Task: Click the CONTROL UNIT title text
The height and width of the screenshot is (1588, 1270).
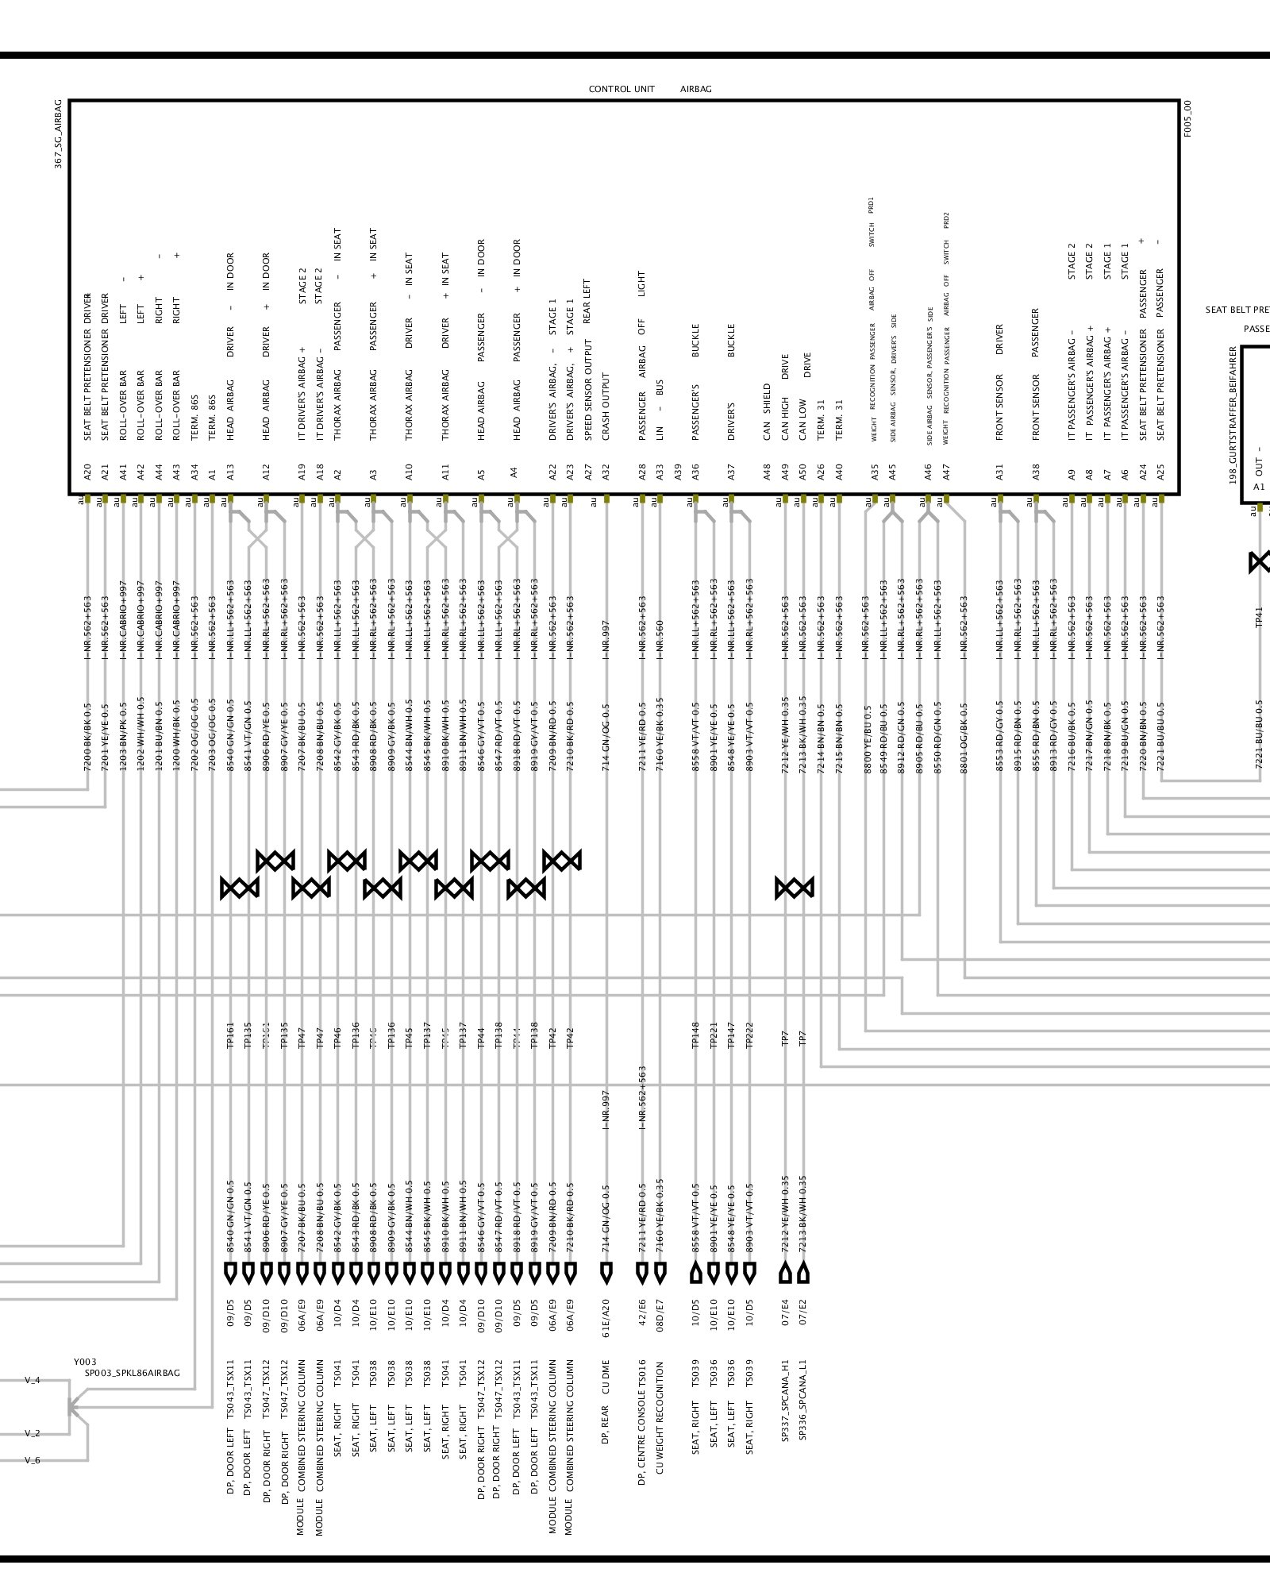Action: click(622, 89)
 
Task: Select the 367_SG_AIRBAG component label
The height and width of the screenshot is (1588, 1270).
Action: click(59, 134)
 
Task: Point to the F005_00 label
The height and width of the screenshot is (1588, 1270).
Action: click(1187, 119)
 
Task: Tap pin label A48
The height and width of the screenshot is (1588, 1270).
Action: click(768, 472)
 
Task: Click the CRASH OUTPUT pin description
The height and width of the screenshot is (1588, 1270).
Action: click(606, 407)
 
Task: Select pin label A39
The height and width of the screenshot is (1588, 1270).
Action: click(678, 472)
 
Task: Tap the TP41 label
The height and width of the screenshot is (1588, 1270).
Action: click(1259, 616)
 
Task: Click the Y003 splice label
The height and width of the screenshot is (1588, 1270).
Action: click(85, 1362)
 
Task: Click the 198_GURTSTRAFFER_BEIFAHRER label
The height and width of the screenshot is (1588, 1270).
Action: click(1233, 414)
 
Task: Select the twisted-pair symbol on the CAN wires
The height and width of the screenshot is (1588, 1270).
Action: click(795, 888)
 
